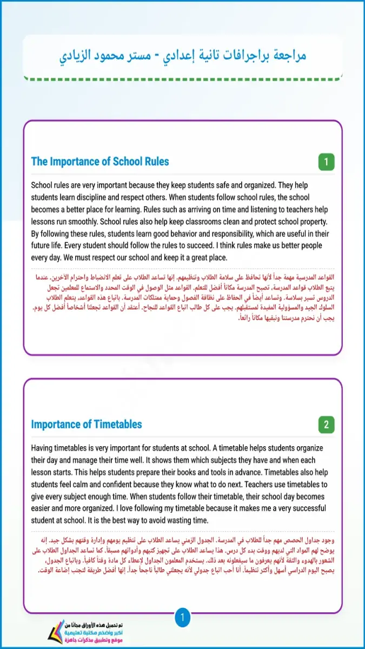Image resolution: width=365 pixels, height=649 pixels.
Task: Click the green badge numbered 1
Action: point(326,162)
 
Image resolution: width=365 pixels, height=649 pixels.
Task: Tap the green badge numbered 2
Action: point(326,425)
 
